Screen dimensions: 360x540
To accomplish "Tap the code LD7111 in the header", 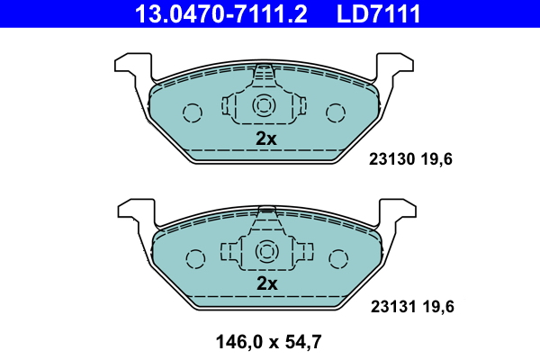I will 378,13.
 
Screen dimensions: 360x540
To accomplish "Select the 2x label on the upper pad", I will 265,139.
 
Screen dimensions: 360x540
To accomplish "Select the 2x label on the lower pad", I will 267,283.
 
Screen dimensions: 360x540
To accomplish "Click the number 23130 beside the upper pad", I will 391,160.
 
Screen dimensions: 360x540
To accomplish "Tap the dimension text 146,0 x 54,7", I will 268,341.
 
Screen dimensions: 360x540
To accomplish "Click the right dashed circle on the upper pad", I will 336,112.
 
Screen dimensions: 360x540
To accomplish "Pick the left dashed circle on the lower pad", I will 195,258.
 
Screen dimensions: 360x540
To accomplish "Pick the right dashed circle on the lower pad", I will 338,258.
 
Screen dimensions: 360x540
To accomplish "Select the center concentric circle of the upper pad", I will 264,106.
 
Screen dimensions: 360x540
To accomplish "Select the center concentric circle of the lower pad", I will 266,251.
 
